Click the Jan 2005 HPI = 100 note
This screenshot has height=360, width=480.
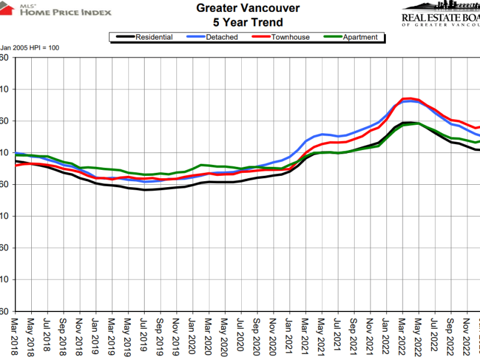pos(30,48)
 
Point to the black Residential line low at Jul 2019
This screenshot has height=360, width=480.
pos(145,190)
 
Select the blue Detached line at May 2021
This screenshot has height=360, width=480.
pos(322,134)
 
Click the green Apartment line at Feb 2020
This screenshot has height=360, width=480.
pos(201,165)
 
